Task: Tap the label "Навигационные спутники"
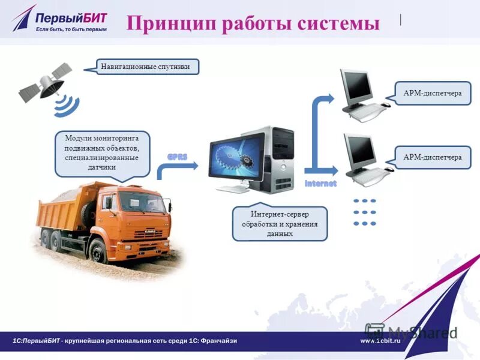[x=146, y=67]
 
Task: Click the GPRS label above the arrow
[x=178, y=157]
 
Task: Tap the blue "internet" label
[x=321, y=182]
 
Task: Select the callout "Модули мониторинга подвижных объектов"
[x=101, y=152]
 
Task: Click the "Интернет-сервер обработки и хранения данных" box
[x=280, y=223]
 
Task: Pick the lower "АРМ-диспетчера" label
[x=432, y=157]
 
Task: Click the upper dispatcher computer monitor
[x=357, y=86]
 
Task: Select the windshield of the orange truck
[x=142, y=202]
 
